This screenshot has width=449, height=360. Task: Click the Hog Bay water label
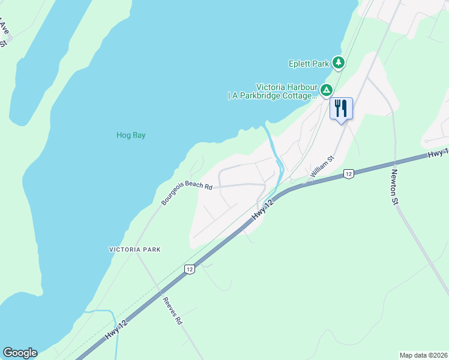131,135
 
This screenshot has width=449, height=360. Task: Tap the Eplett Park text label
309,62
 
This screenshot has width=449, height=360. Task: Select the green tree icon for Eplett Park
339,62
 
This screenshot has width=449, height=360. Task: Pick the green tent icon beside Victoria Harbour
326,91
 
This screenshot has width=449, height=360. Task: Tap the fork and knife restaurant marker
341,109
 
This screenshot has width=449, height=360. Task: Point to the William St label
321,168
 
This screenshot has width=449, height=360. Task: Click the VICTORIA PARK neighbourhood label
135,249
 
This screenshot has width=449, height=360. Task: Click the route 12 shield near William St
348,174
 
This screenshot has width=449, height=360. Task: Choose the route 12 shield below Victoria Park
190,269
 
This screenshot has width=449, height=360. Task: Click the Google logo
20,353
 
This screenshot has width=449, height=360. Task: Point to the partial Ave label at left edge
5,34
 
